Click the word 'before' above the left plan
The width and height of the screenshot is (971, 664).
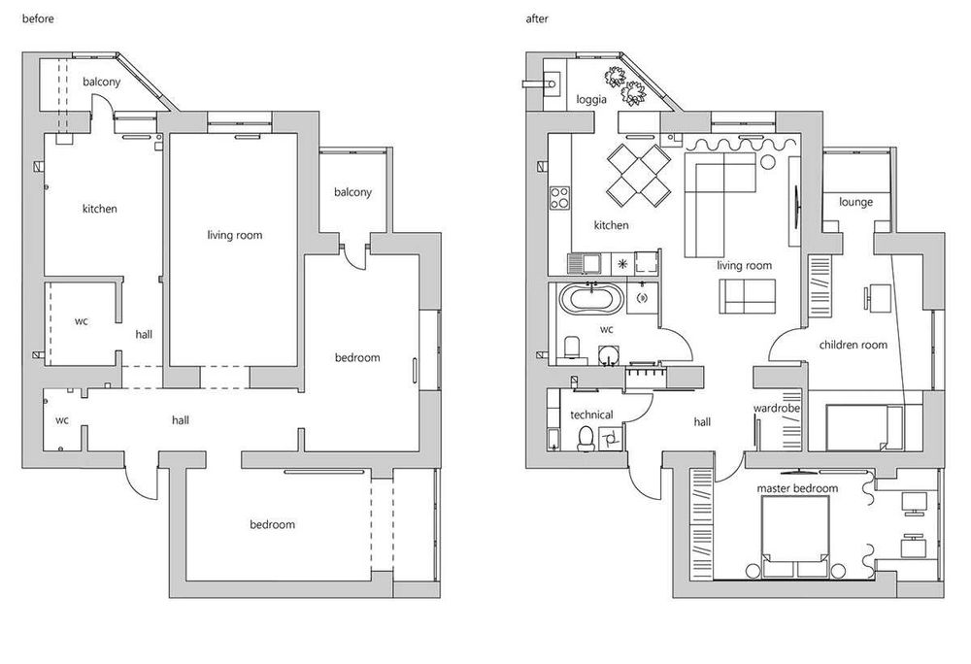pos(38,18)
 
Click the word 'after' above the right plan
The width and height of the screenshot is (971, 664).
pos(537,18)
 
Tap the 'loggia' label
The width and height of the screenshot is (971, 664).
pos(591,100)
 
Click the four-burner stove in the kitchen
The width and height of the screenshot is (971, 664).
pos(560,197)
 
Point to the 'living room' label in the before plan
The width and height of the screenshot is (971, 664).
pos(235,235)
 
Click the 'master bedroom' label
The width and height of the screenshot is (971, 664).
pos(797,488)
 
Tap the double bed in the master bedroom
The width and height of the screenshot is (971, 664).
pos(795,537)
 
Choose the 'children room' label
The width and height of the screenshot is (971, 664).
pos(853,345)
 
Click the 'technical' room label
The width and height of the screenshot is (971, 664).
pos(591,415)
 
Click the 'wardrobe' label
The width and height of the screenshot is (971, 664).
pos(777,409)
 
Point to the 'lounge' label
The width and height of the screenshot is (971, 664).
pos(855,202)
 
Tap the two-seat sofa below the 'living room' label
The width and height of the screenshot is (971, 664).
pos(748,296)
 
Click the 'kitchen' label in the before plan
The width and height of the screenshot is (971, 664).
pos(100,209)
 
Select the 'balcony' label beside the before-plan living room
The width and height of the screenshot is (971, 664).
pos(352,192)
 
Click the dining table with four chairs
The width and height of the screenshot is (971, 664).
pos(639,175)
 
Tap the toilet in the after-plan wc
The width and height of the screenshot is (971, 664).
pos(571,349)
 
